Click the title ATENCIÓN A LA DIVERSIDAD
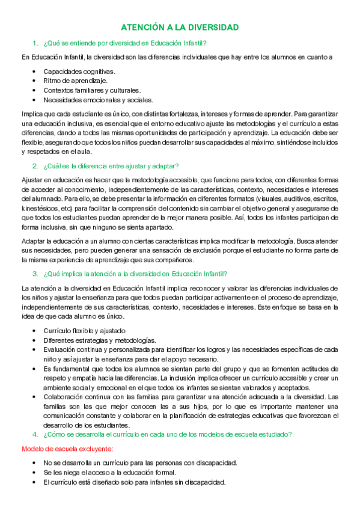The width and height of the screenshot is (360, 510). (x=180, y=28)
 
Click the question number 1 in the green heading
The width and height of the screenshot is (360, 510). (x=35, y=43)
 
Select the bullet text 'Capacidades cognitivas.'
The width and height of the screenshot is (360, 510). (x=79, y=71)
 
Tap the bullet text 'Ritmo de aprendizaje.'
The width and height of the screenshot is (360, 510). (x=75, y=81)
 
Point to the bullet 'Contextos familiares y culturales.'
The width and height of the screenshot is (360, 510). (x=92, y=90)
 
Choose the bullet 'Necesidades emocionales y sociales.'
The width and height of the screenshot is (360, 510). (x=98, y=100)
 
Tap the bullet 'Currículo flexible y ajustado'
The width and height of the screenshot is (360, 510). (x=84, y=330)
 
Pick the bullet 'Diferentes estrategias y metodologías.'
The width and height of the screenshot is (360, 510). (x=99, y=340)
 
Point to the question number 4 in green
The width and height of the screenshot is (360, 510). (x=35, y=434)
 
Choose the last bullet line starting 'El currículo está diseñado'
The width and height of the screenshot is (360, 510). (x=134, y=482)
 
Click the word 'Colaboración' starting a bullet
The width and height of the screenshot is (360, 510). (x=64, y=396)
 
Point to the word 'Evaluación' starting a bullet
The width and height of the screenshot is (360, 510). (x=61, y=349)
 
